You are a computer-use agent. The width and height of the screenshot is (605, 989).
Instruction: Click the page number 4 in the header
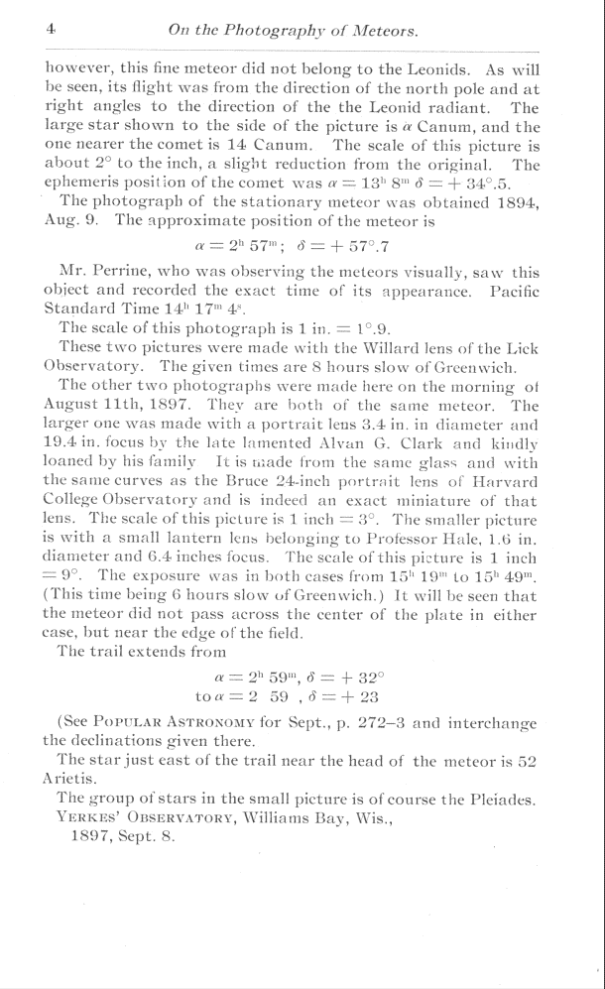click(49, 30)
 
